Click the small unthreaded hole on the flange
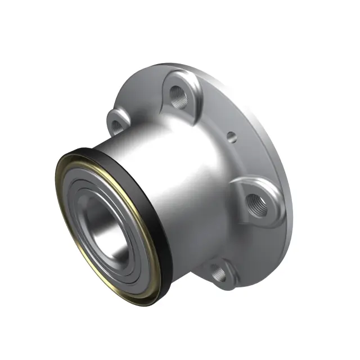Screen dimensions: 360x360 (230, 135)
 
